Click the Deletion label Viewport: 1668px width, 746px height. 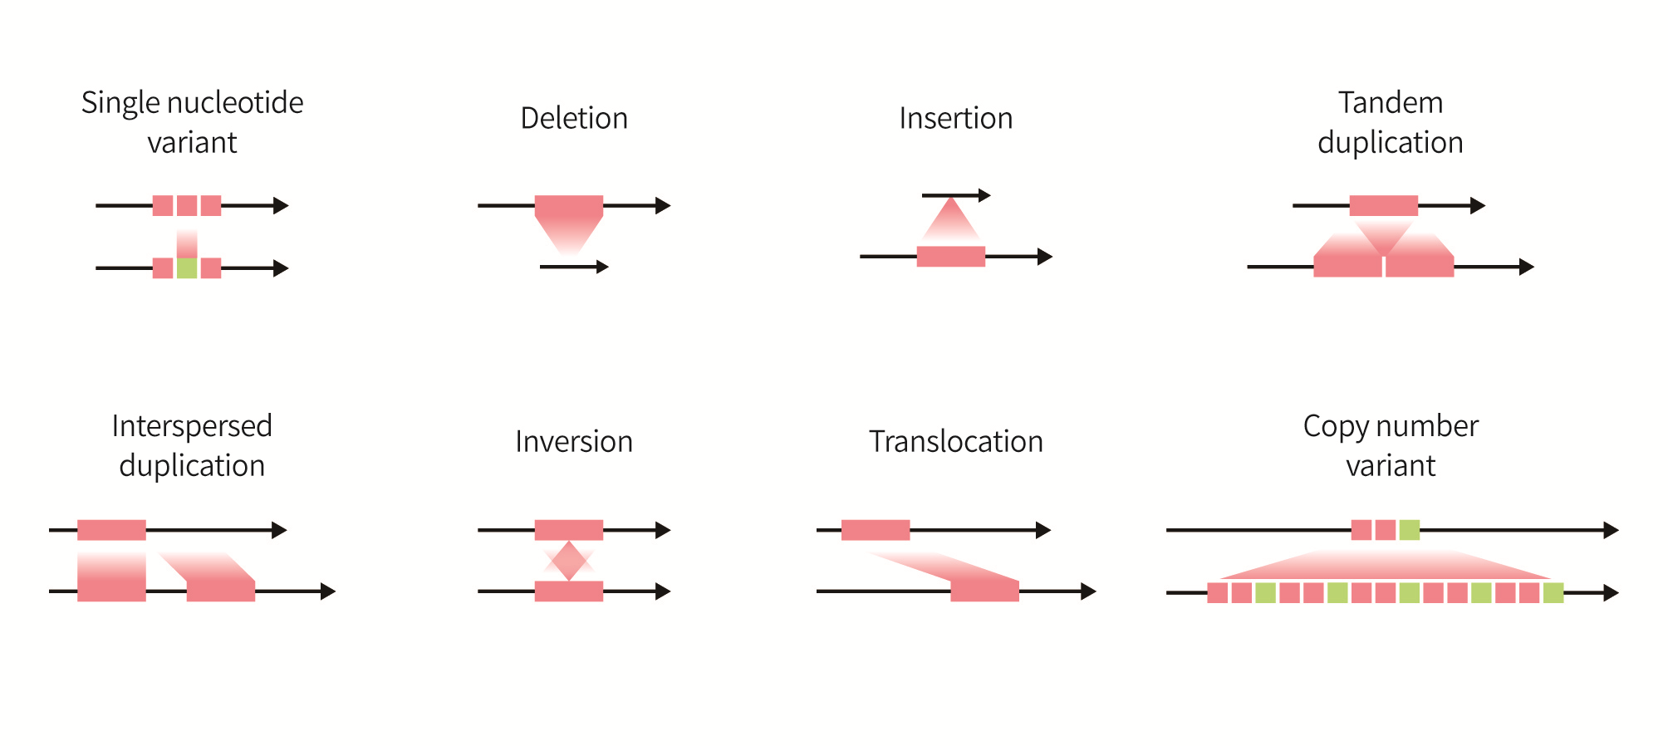(x=573, y=119)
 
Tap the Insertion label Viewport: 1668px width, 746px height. (x=955, y=119)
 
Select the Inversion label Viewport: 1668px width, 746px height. (x=573, y=442)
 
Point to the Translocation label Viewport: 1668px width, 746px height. (x=955, y=442)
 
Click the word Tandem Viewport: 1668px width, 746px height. (x=1390, y=103)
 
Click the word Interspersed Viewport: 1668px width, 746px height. (x=192, y=426)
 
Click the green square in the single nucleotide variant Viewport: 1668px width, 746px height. (x=187, y=268)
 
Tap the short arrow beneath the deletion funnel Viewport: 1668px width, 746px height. (x=573, y=267)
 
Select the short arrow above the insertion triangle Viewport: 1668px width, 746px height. (x=955, y=195)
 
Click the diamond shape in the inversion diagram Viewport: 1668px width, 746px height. (x=569, y=561)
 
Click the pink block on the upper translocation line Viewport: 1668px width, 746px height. (x=876, y=530)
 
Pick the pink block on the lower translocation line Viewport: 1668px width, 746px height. (x=984, y=591)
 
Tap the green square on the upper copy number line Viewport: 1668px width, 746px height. (x=1409, y=530)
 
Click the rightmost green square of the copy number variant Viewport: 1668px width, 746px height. (x=1553, y=593)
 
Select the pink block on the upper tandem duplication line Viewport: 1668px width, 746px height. (x=1383, y=205)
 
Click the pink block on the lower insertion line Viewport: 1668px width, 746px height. (x=950, y=257)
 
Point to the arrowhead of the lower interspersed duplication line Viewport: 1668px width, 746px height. (x=328, y=591)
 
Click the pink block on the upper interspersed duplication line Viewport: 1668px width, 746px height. (x=111, y=530)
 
